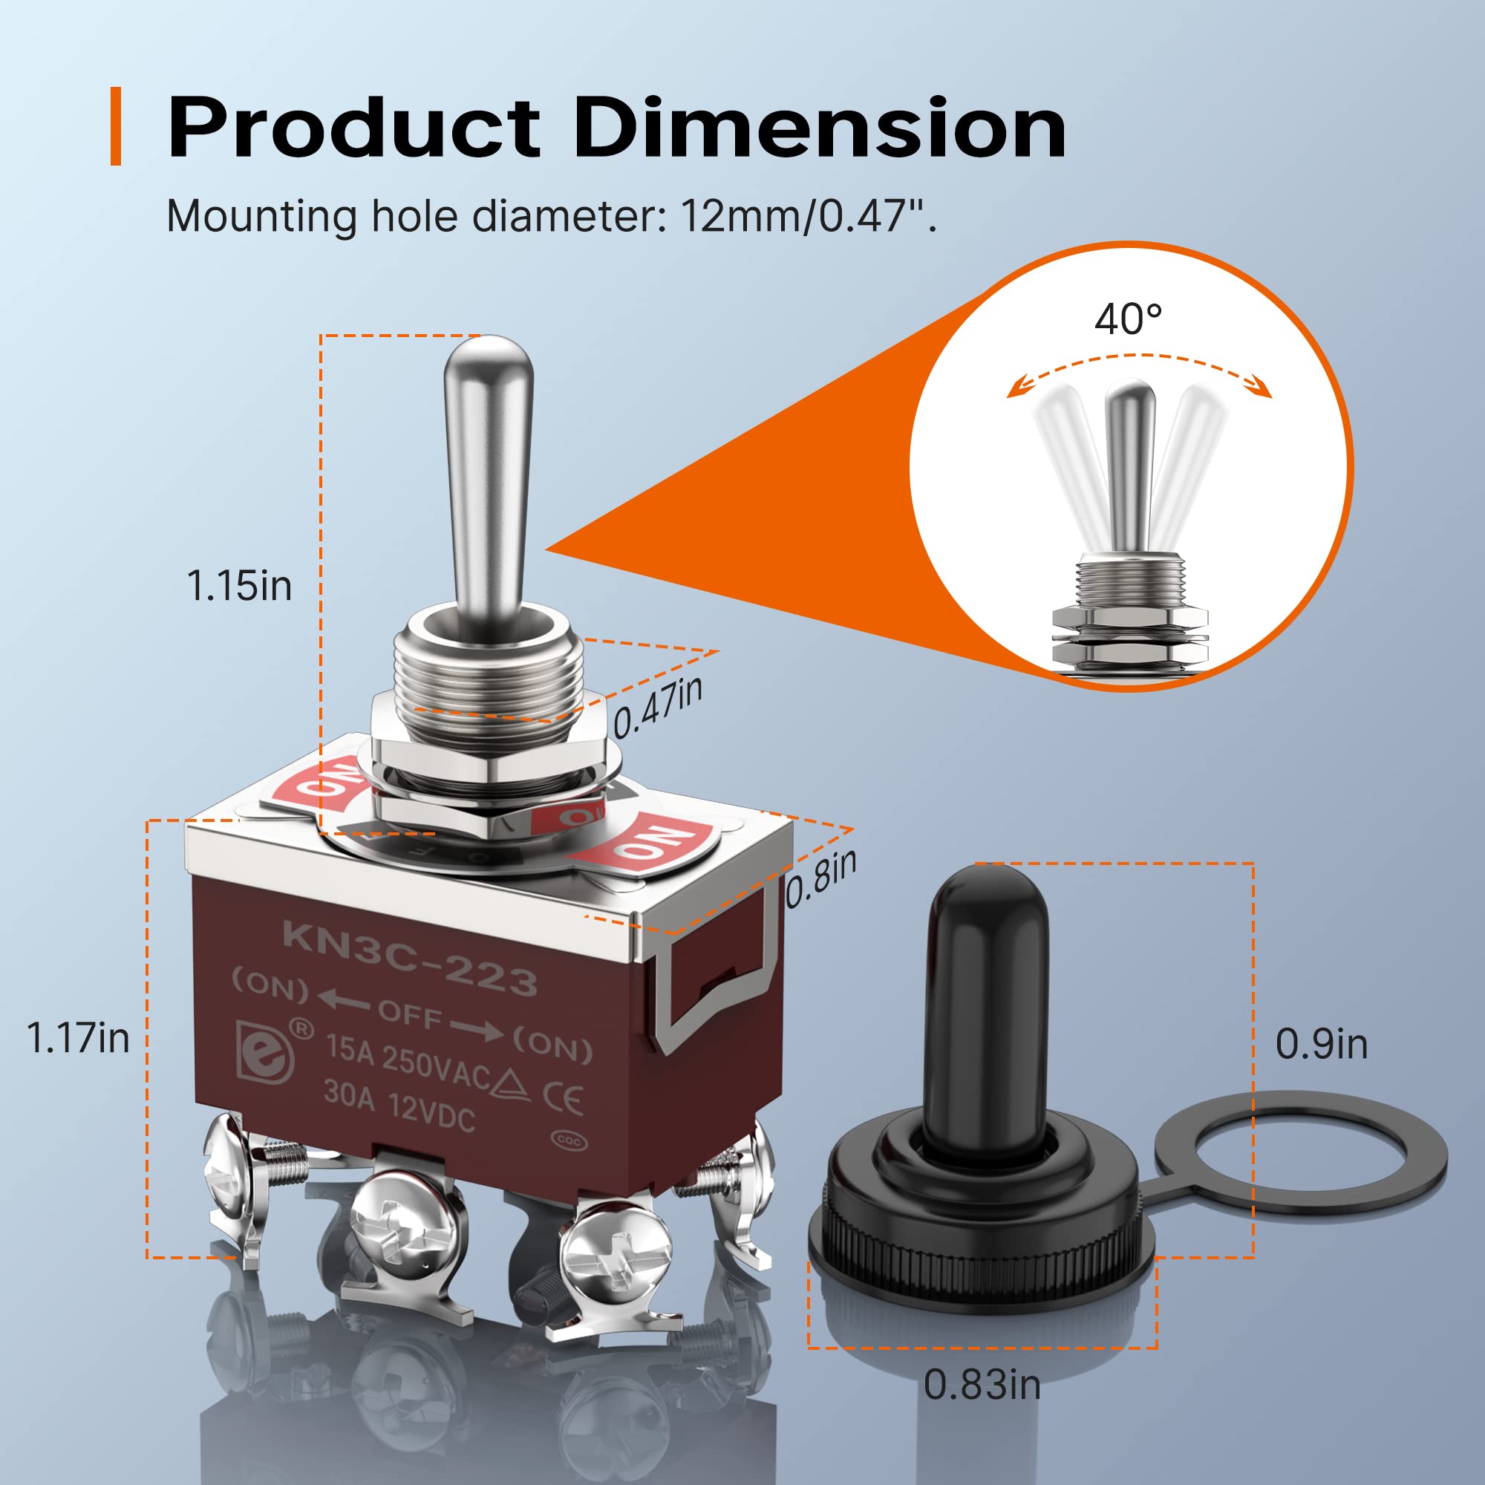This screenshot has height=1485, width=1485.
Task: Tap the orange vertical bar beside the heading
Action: coord(116,126)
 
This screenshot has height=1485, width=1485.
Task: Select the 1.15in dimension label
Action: coord(239,587)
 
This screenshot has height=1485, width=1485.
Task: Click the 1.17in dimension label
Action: coord(78,1038)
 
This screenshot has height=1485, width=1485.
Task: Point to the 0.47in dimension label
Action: coord(657,705)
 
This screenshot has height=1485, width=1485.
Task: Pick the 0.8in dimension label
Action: coord(820,879)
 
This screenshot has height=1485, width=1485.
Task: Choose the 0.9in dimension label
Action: coord(1322,1045)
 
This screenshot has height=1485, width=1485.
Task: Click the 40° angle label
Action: coord(1129,319)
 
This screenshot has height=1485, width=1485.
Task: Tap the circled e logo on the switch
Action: coord(266,1051)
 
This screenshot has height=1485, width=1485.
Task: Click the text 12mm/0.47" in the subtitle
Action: coord(808,216)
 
